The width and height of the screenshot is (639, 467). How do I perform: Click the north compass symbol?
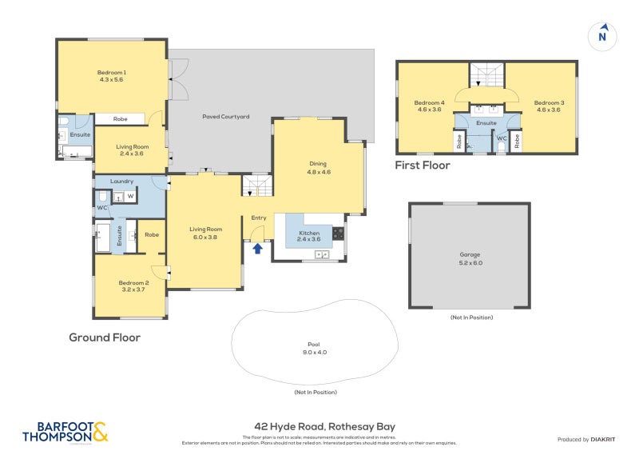tap(603, 36)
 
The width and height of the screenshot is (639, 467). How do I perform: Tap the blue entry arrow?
tap(257, 248)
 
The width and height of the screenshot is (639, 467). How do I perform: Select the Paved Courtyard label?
tap(225, 117)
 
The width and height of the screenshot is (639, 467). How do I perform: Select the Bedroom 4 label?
tap(429, 103)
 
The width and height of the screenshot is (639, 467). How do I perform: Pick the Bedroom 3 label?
tap(549, 103)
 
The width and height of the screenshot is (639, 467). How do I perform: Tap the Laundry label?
tap(122, 182)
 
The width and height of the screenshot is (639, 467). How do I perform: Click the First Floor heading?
tap(423, 166)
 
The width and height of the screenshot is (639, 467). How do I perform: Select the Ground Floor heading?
tap(105, 337)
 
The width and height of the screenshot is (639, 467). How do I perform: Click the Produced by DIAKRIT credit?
tap(589, 439)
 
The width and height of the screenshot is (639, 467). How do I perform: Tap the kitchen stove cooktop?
tap(338, 233)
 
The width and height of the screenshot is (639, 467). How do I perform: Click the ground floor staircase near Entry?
tap(257, 190)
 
